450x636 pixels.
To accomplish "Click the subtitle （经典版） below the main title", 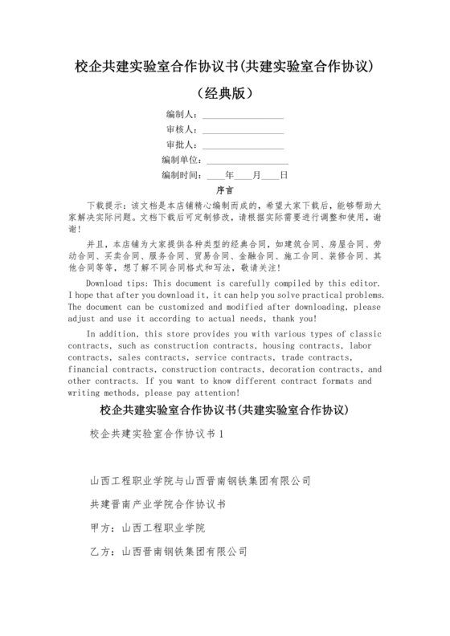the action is (225, 92).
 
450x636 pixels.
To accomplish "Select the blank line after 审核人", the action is (243, 130).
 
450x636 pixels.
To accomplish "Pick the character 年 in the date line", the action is (230, 175).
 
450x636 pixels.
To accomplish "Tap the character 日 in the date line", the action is (283, 175).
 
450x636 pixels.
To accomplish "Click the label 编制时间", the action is (180, 175).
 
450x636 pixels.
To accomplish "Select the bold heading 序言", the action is (225, 191).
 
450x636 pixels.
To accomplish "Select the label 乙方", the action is (101, 552).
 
